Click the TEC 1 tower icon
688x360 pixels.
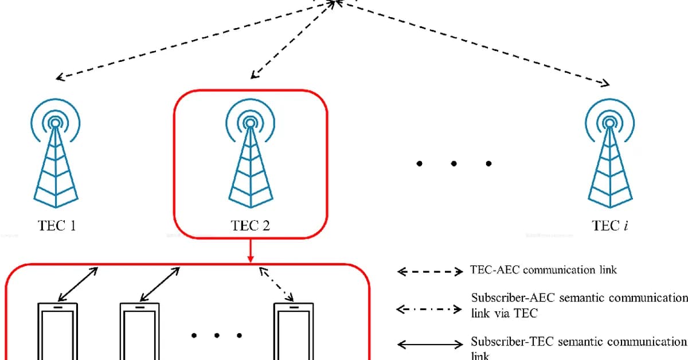click(55, 161)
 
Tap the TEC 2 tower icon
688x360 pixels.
click(250, 161)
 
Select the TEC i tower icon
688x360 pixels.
click(608, 161)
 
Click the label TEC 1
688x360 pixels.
click(57, 225)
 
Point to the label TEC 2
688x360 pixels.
click(251, 225)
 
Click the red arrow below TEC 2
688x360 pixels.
click(251, 252)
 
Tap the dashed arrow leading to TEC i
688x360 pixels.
click(476, 43)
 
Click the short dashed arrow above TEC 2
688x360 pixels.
click(292, 40)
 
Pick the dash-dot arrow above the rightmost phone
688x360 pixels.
click(277, 284)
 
